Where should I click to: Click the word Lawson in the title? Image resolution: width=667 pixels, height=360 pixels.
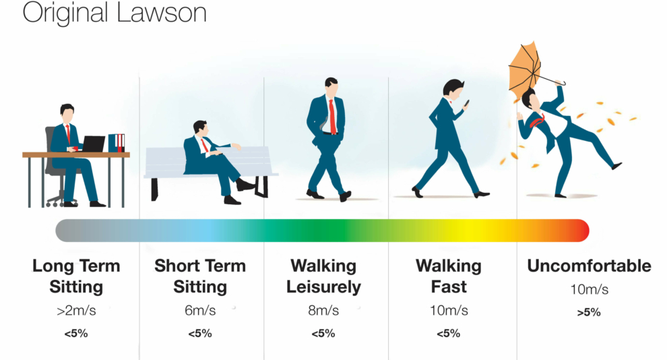coord(161,12)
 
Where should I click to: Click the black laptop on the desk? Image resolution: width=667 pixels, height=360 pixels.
coord(93,144)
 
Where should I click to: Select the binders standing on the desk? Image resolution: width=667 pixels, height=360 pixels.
coord(116,143)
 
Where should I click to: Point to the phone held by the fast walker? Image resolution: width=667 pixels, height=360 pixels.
coord(467,103)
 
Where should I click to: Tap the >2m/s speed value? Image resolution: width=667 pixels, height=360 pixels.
coord(77,310)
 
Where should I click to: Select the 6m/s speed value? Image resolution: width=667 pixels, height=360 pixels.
coord(200,310)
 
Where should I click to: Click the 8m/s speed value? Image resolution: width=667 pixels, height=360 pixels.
coord(323,310)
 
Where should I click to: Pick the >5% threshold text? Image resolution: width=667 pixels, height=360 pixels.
coord(589,312)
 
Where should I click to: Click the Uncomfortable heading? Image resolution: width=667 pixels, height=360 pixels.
coord(589,266)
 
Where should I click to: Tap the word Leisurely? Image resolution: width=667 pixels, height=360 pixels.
coord(323,287)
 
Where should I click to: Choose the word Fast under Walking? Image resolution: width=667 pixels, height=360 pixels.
coord(449,287)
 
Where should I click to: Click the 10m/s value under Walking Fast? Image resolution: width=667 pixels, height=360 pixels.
coord(449,310)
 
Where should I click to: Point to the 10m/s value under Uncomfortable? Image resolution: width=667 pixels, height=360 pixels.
coord(589,289)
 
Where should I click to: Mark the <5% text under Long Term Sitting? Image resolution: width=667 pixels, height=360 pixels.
coord(76,333)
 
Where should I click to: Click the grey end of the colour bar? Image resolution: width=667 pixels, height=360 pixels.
coord(64,231)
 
